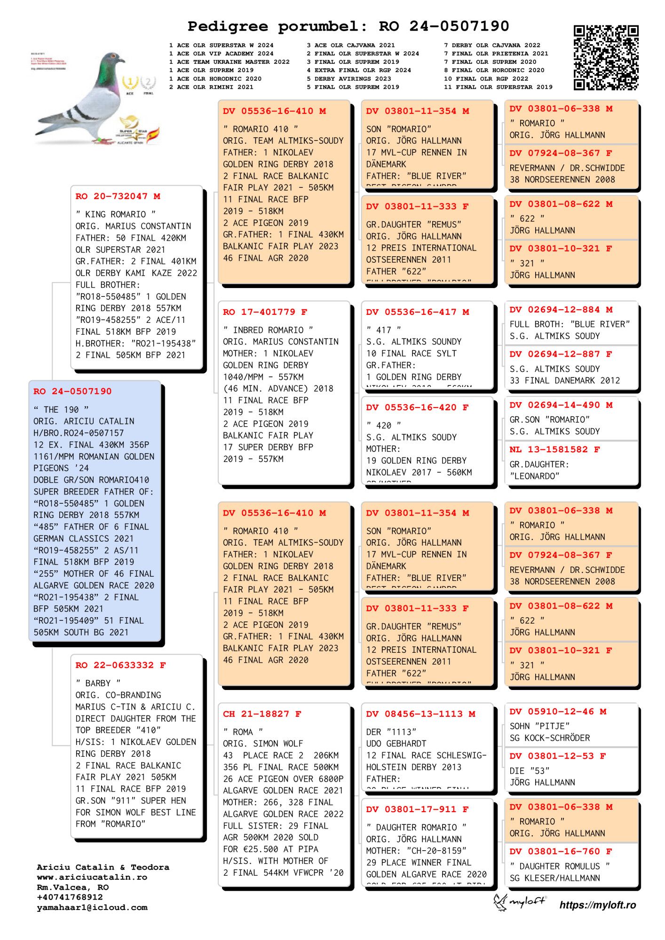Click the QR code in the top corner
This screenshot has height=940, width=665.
(605, 57)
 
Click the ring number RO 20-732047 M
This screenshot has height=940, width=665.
(118, 196)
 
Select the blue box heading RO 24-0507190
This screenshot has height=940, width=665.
(72, 392)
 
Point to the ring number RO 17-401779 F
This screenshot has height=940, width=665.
(265, 312)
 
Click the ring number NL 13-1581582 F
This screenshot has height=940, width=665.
(554, 449)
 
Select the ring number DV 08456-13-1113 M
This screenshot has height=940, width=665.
(420, 714)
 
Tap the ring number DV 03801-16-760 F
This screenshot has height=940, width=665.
(561, 851)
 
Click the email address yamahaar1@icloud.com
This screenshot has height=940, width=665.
(92, 908)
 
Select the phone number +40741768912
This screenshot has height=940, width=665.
(70, 897)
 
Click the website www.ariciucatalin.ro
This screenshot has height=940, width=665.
(92, 877)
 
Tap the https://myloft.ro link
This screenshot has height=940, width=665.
(597, 905)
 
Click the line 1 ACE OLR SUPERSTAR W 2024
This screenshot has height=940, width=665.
(221, 45)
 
